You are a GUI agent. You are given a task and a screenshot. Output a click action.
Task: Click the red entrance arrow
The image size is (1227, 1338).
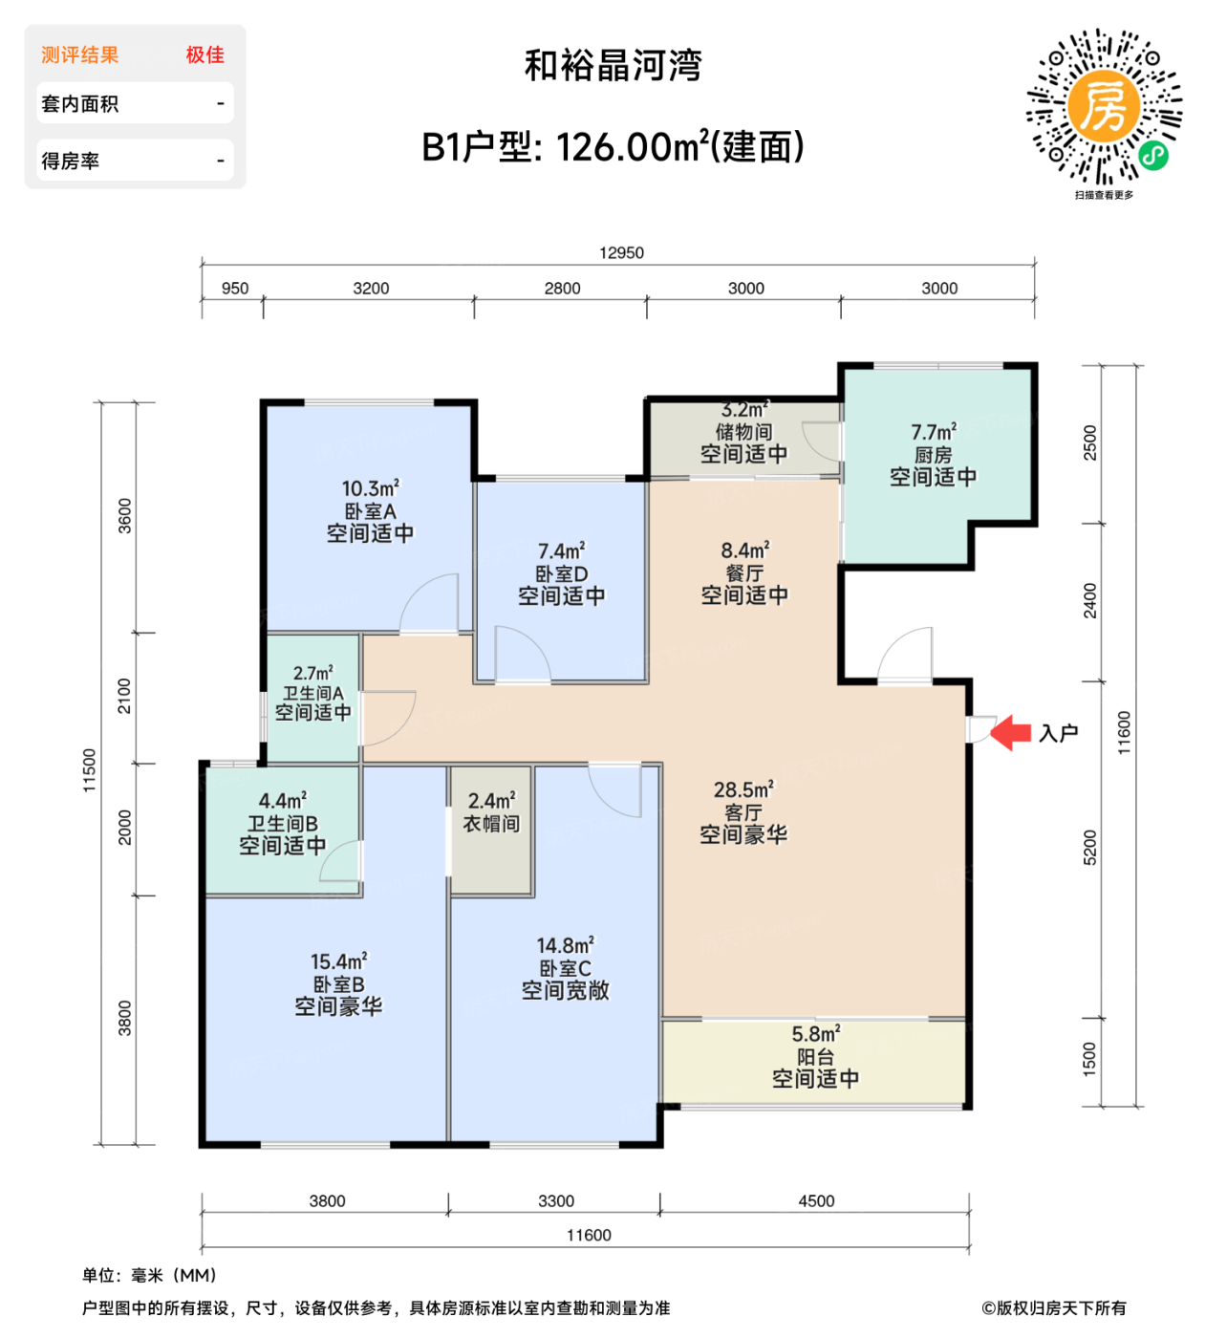[x=1011, y=733]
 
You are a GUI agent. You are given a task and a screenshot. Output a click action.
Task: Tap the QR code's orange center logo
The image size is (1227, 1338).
[x=1104, y=106]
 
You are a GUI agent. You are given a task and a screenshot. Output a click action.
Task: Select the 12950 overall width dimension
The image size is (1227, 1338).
[x=621, y=253]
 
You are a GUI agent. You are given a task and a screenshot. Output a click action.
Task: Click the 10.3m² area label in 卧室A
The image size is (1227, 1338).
[x=371, y=488]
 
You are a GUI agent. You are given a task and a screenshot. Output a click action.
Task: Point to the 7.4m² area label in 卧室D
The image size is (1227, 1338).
[x=561, y=551]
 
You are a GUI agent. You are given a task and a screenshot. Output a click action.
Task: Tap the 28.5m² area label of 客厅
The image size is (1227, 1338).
[x=743, y=790]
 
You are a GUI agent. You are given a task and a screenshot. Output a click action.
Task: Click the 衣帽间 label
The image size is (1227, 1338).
[x=491, y=824]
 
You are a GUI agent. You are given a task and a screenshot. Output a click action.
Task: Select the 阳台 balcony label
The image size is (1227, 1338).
[x=815, y=1057]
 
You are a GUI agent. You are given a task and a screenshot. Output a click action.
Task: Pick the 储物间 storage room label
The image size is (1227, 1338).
[x=743, y=432]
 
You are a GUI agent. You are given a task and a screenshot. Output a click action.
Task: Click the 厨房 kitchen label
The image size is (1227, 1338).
[x=933, y=455]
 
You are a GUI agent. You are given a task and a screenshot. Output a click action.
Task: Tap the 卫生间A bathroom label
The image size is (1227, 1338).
[x=312, y=693]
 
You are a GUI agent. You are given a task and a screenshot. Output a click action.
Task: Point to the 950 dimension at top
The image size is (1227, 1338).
[x=235, y=289]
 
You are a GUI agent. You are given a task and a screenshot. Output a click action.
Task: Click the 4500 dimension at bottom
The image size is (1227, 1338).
[x=816, y=1201]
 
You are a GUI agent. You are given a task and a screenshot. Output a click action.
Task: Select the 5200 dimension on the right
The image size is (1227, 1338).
[x=1090, y=848]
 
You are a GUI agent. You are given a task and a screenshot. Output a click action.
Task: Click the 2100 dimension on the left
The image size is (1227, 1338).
[x=124, y=696]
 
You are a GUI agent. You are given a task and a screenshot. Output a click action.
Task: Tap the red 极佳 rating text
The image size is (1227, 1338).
[x=204, y=55]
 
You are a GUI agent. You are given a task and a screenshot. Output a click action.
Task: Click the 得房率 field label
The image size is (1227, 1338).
[x=71, y=162]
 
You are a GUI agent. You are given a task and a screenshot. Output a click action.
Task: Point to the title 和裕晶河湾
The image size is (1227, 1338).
[x=613, y=66]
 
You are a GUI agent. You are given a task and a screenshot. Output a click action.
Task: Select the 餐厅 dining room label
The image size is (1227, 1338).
[x=743, y=573]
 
